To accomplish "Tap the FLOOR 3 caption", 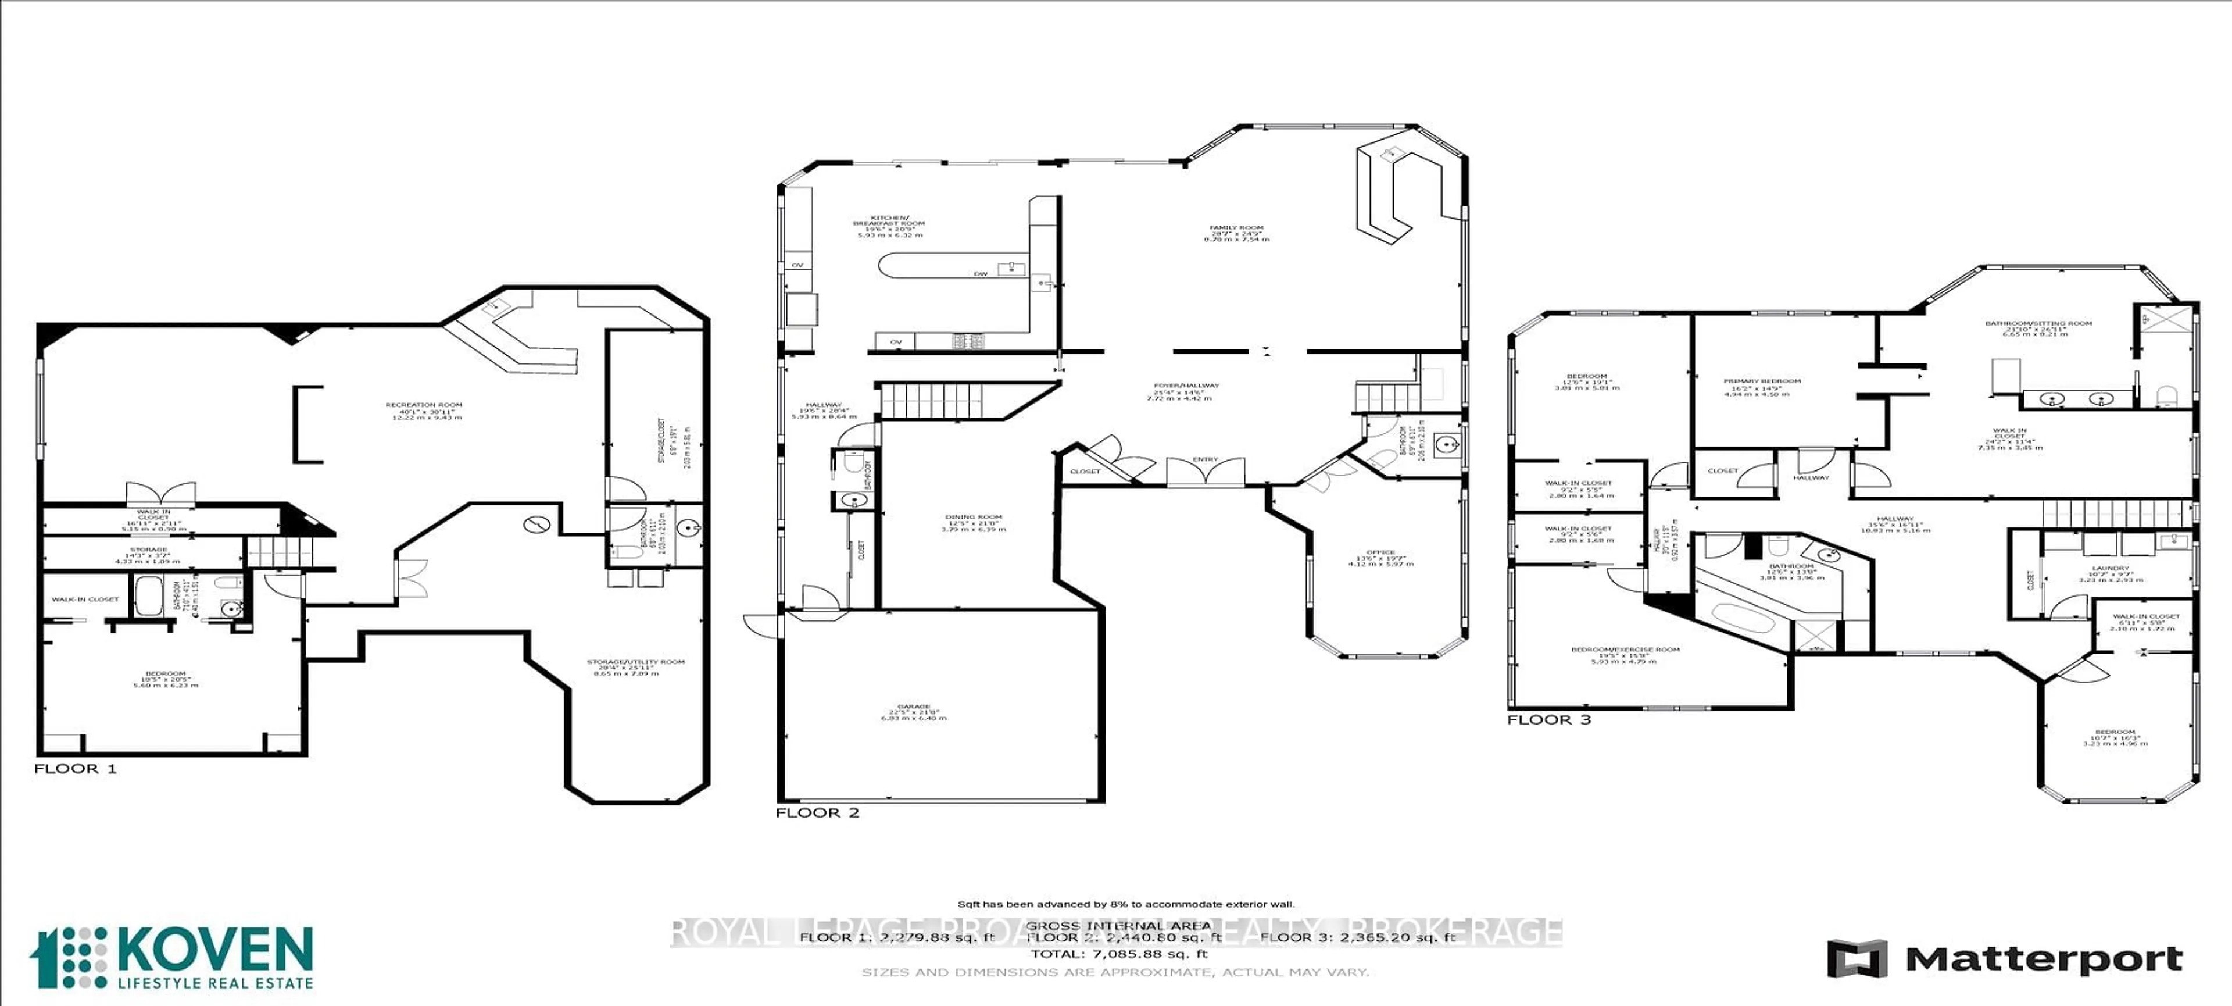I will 1548,719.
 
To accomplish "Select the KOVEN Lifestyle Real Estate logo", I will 171,958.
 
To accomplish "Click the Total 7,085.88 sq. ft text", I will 1118,953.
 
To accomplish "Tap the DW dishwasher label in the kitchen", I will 980,274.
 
